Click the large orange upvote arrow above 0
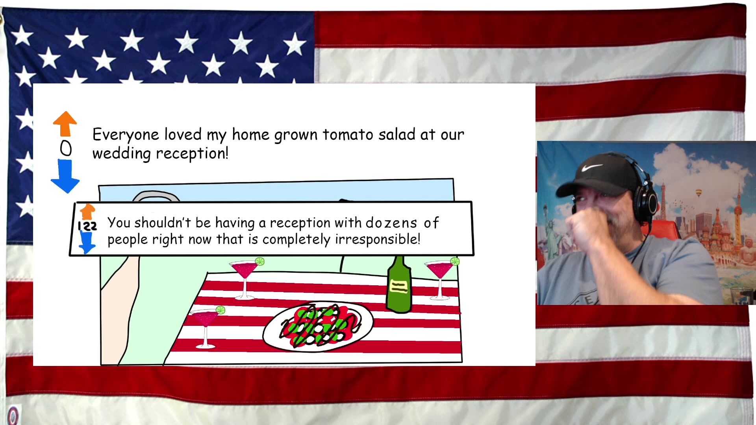pyautogui.click(x=65, y=124)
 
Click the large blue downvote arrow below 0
pyautogui.click(x=65, y=176)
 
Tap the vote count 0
pyautogui.click(x=66, y=149)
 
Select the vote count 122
pyautogui.click(x=87, y=226)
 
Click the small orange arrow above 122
pyautogui.click(x=87, y=212)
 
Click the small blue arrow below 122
pyautogui.click(x=87, y=242)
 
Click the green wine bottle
pyautogui.click(x=399, y=285)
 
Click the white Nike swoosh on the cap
pyautogui.click(x=591, y=168)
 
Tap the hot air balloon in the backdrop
pyautogui.click(x=699, y=193)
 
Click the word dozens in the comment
pyautogui.click(x=391, y=223)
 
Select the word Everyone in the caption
pyautogui.click(x=126, y=135)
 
